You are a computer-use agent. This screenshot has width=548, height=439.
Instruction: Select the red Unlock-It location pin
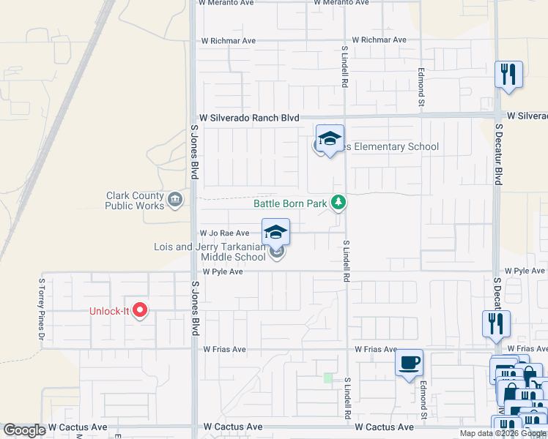point(140,311)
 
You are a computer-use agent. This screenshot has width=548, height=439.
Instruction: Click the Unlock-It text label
point(109,311)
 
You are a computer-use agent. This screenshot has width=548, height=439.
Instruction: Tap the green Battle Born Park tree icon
point(338,202)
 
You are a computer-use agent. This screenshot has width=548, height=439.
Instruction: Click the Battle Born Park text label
point(290,203)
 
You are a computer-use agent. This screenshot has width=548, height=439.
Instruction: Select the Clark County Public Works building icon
point(175,199)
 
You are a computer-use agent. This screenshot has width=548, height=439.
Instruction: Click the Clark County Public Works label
point(136,200)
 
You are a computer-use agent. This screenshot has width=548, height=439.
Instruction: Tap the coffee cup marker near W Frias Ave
point(409,362)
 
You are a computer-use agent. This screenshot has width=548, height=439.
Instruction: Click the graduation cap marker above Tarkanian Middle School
point(275,231)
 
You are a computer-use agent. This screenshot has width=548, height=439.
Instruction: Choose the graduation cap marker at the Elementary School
point(330,138)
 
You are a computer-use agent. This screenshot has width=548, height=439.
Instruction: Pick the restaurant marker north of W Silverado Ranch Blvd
point(508,74)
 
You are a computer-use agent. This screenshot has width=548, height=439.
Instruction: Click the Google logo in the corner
point(24,430)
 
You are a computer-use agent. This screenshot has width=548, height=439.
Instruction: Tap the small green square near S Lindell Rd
point(327,378)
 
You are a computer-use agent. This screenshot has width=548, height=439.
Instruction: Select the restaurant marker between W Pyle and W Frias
point(496,323)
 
